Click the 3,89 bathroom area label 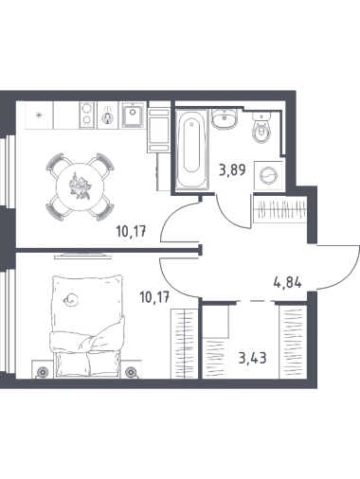[x=232, y=171]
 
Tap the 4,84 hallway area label [x=287, y=282]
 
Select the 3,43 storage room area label [x=253, y=358]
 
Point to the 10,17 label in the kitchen [x=131, y=233]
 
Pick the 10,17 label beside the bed [x=154, y=297]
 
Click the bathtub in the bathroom [x=191, y=150]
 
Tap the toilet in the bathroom [x=261, y=129]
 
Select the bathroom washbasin [x=225, y=118]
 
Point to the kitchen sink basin [x=133, y=115]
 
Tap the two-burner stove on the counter [x=87, y=115]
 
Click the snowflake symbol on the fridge [x=39, y=115]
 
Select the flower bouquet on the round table [x=80, y=186]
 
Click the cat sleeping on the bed [x=70, y=299]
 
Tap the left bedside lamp [x=42, y=372]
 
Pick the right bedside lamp [x=130, y=372]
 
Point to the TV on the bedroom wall [x=83, y=255]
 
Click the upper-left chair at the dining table [x=57, y=164]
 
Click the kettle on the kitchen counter [x=108, y=115]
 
